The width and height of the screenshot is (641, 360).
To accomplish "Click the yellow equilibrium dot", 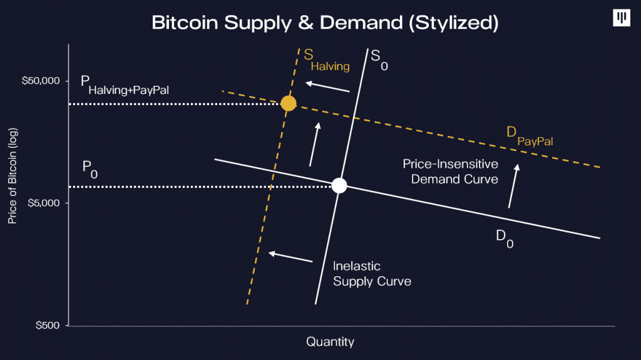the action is (288, 103).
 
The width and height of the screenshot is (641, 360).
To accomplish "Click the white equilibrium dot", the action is (339, 186).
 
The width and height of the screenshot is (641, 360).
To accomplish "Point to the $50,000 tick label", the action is (41, 81).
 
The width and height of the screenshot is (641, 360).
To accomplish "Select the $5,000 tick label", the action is (44, 203).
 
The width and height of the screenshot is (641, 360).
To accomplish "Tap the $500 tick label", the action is (48, 325).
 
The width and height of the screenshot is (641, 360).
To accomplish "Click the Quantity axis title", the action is (331, 342).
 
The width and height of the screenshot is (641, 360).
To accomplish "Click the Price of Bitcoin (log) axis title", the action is (13, 176).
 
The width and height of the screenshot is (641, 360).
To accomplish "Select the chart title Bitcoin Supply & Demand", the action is (325, 23).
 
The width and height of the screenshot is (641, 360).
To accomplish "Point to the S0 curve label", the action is (379, 59).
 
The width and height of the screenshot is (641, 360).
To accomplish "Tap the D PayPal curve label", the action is (530, 136).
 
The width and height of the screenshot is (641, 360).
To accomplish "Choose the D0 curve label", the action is (505, 239).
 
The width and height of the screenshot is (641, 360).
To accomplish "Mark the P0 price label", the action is (90, 170).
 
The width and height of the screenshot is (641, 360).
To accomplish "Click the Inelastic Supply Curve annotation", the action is (372, 274).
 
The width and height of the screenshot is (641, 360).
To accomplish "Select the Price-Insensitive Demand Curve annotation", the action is (451, 172).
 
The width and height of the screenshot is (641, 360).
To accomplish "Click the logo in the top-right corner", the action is (622, 18).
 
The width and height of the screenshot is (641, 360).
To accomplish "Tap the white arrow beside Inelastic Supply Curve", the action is (290, 257).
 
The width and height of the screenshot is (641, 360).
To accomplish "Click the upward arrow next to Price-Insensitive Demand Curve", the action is (514, 186).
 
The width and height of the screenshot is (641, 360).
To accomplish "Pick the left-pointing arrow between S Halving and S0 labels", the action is (327, 87).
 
